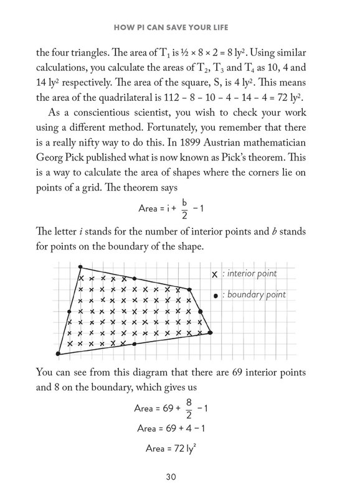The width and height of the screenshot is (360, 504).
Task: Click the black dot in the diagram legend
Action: tap(216, 295)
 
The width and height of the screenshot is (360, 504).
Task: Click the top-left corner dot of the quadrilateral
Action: tap(80, 268)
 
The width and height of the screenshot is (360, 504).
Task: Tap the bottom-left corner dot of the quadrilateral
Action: tap(58, 354)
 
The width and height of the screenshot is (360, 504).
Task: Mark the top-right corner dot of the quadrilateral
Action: tap(189, 289)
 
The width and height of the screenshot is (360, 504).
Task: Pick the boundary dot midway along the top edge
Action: tap(135, 279)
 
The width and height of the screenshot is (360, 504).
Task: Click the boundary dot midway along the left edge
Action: tap(69, 311)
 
